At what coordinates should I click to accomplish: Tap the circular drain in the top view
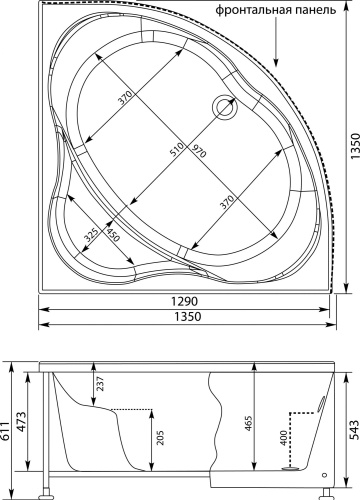[225, 107]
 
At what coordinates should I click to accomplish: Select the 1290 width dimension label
[185, 301]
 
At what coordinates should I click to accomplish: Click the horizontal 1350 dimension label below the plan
[188, 316]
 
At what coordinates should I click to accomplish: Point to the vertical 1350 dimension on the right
[354, 147]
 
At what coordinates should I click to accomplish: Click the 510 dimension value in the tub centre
[177, 149]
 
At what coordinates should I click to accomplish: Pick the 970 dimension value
[198, 152]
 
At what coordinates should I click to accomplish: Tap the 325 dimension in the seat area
[91, 235]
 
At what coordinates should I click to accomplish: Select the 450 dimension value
[113, 234]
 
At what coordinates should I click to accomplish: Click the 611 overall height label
[4, 431]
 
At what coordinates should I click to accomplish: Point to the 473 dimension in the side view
[21, 422]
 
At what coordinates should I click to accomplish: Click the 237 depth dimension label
[100, 384]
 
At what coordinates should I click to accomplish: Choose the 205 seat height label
[160, 439]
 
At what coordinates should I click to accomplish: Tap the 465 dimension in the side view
[249, 424]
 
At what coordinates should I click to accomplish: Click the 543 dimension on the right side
[355, 430]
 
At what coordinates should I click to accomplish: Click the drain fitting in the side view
[291, 468]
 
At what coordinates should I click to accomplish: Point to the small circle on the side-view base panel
[325, 475]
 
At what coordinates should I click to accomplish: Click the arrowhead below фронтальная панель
[276, 62]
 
